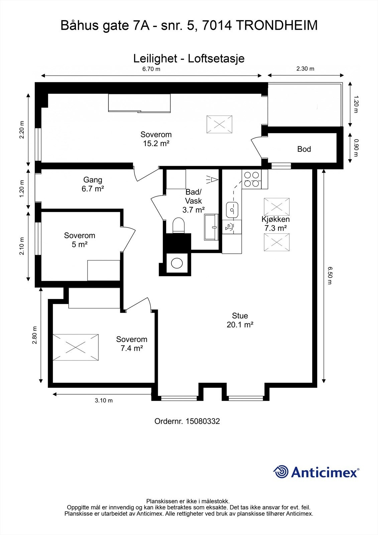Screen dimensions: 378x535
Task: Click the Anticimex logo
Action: click(x=316, y=472)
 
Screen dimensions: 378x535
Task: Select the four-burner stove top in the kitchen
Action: click(x=251, y=179)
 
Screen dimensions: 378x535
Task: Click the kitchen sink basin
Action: click(x=232, y=210)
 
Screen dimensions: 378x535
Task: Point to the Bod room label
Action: click(x=304, y=149)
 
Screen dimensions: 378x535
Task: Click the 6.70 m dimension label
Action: click(x=151, y=69)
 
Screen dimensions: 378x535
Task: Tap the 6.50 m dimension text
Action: click(x=330, y=276)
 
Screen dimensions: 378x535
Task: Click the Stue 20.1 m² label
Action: click(x=240, y=320)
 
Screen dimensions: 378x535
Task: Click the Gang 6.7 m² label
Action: click(x=93, y=184)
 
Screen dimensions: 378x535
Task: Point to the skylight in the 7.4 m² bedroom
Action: click(x=76, y=347)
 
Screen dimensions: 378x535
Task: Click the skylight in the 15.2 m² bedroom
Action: click(x=220, y=124)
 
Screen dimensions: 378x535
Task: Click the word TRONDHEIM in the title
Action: click(x=277, y=25)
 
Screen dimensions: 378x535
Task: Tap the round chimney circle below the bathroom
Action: click(x=177, y=263)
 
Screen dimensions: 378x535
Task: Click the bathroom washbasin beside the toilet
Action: click(x=211, y=227)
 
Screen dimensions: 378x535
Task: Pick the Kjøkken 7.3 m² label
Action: click(x=275, y=224)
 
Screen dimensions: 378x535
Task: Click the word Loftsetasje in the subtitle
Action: click(x=216, y=59)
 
